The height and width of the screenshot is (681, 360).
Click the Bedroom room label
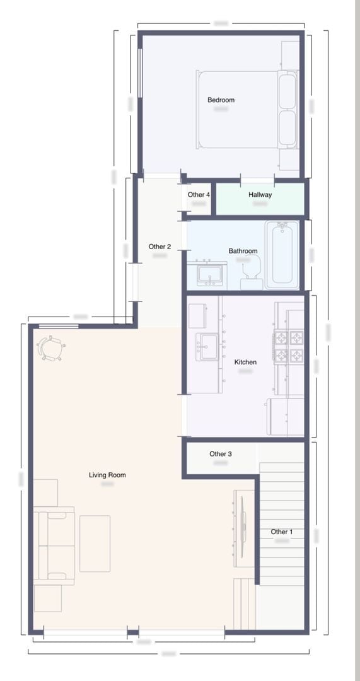click(x=221, y=100)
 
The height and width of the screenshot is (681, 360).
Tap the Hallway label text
click(x=260, y=195)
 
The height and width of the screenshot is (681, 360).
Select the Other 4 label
click(x=199, y=195)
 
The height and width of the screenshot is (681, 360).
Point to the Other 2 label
click(x=160, y=247)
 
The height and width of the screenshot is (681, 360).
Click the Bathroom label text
click(x=243, y=251)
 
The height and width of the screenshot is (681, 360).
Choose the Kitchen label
click(x=245, y=362)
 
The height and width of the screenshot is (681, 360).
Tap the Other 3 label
click(x=221, y=454)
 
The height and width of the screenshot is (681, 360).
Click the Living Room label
click(x=107, y=475)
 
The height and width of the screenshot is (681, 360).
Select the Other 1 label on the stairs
click(x=282, y=532)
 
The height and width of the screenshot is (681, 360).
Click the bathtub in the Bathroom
click(x=282, y=255)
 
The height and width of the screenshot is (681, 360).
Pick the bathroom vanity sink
click(x=209, y=275)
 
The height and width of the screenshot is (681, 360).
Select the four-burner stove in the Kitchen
click(x=289, y=347)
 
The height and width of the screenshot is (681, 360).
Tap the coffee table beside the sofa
click(x=95, y=544)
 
